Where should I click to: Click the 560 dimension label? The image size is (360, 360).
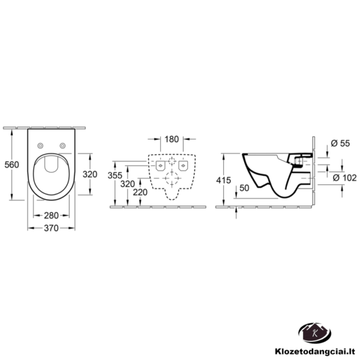[x=12, y=164]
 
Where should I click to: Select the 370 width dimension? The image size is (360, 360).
[x=51, y=228]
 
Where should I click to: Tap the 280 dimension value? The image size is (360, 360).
[x=51, y=215]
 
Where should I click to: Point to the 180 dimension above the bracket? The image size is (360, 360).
[x=172, y=139]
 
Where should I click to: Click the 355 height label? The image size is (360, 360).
[x=115, y=176]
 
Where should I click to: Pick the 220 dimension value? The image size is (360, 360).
[x=140, y=192]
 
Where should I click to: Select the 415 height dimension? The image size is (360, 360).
[x=223, y=180]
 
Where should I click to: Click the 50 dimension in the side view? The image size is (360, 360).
[x=244, y=188]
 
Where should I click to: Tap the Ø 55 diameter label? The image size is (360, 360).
[x=340, y=143]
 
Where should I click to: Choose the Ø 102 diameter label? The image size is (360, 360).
[x=344, y=178]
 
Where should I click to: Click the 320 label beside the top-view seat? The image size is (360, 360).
[x=90, y=174]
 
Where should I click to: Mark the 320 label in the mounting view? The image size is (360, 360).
[x=128, y=184]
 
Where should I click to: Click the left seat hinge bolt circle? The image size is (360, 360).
[x=40, y=145]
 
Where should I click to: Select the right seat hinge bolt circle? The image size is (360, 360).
[x=62, y=145]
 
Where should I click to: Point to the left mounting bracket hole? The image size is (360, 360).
[x=160, y=166]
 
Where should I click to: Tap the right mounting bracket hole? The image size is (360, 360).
[x=183, y=166]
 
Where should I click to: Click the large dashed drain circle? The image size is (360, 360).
[x=172, y=178]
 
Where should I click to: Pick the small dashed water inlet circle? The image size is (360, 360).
[x=172, y=161]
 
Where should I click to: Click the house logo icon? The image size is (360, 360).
[x=315, y=333]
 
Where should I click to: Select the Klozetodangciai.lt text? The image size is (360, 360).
[x=315, y=351]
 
